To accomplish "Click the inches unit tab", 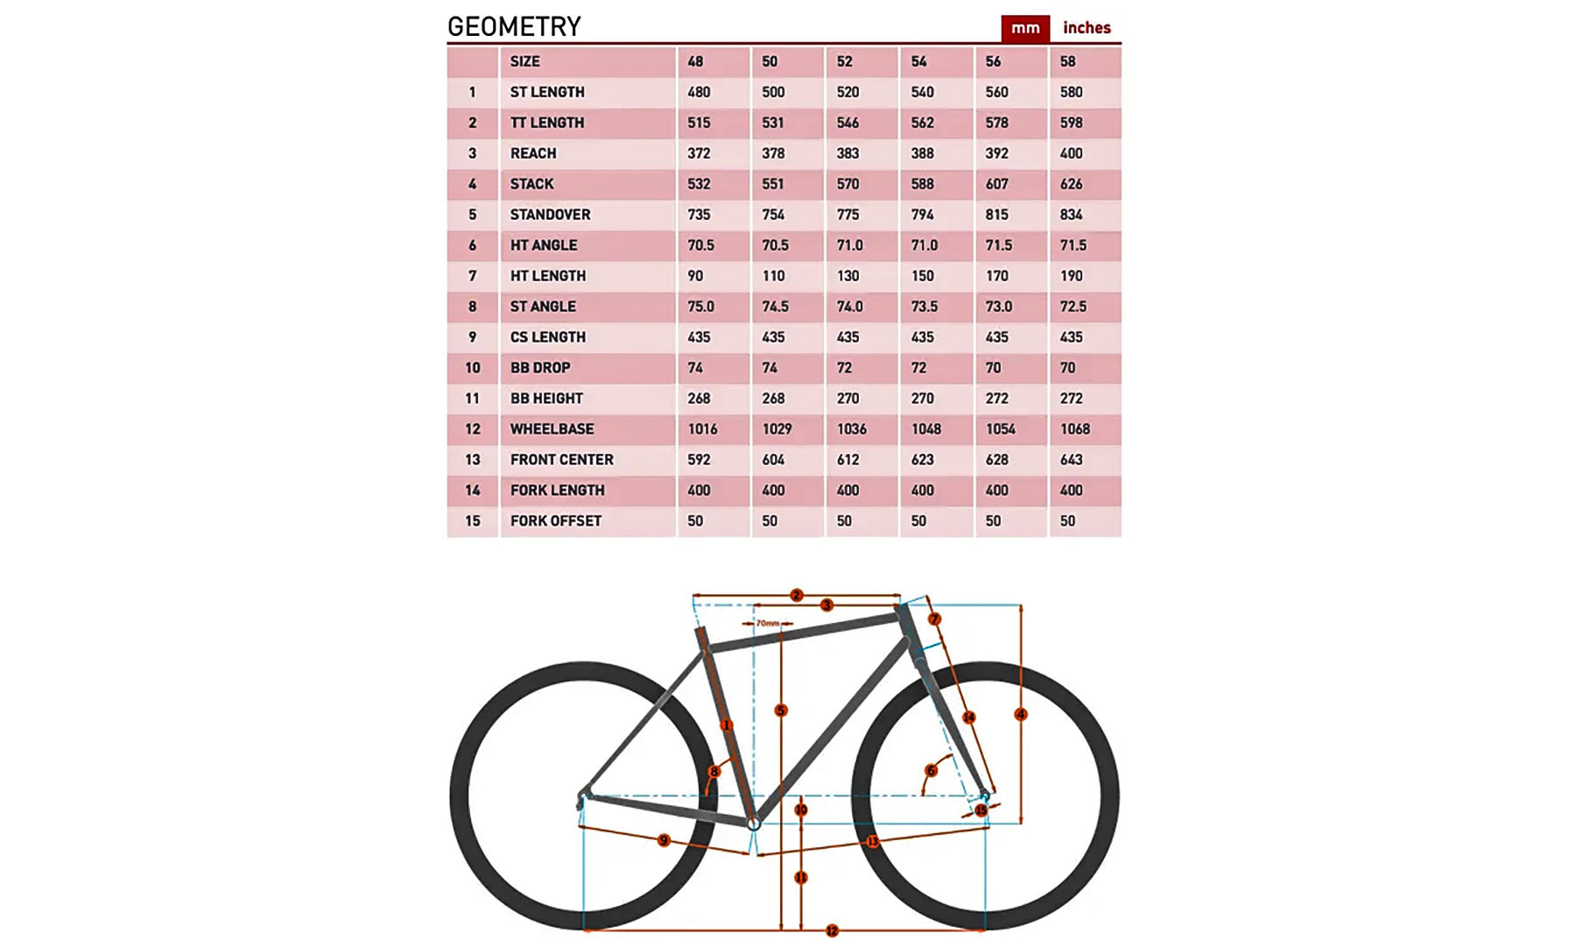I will (x=1086, y=28).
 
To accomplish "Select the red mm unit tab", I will (x=1025, y=28).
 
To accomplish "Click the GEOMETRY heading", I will (x=514, y=27).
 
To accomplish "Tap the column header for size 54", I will (x=918, y=61).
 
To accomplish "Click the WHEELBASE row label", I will (x=552, y=429).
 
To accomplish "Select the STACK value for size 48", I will (x=699, y=184).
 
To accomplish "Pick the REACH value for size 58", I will (x=1071, y=153).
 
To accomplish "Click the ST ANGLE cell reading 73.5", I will (x=924, y=307).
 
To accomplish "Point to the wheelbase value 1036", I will (x=851, y=429).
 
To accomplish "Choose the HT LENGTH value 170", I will (x=996, y=276).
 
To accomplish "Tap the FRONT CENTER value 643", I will (x=1071, y=460).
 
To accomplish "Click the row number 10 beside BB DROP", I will (x=473, y=368).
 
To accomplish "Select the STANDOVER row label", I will (x=550, y=215).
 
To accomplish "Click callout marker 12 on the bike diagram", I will (x=832, y=930).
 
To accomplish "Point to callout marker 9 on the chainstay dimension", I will (x=664, y=840).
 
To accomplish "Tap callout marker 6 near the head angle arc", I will (x=931, y=771).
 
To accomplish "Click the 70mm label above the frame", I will (x=768, y=623).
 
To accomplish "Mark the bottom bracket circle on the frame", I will (x=754, y=823).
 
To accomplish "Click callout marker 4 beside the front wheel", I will (x=1021, y=715).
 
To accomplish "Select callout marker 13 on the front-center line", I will (x=872, y=842).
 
